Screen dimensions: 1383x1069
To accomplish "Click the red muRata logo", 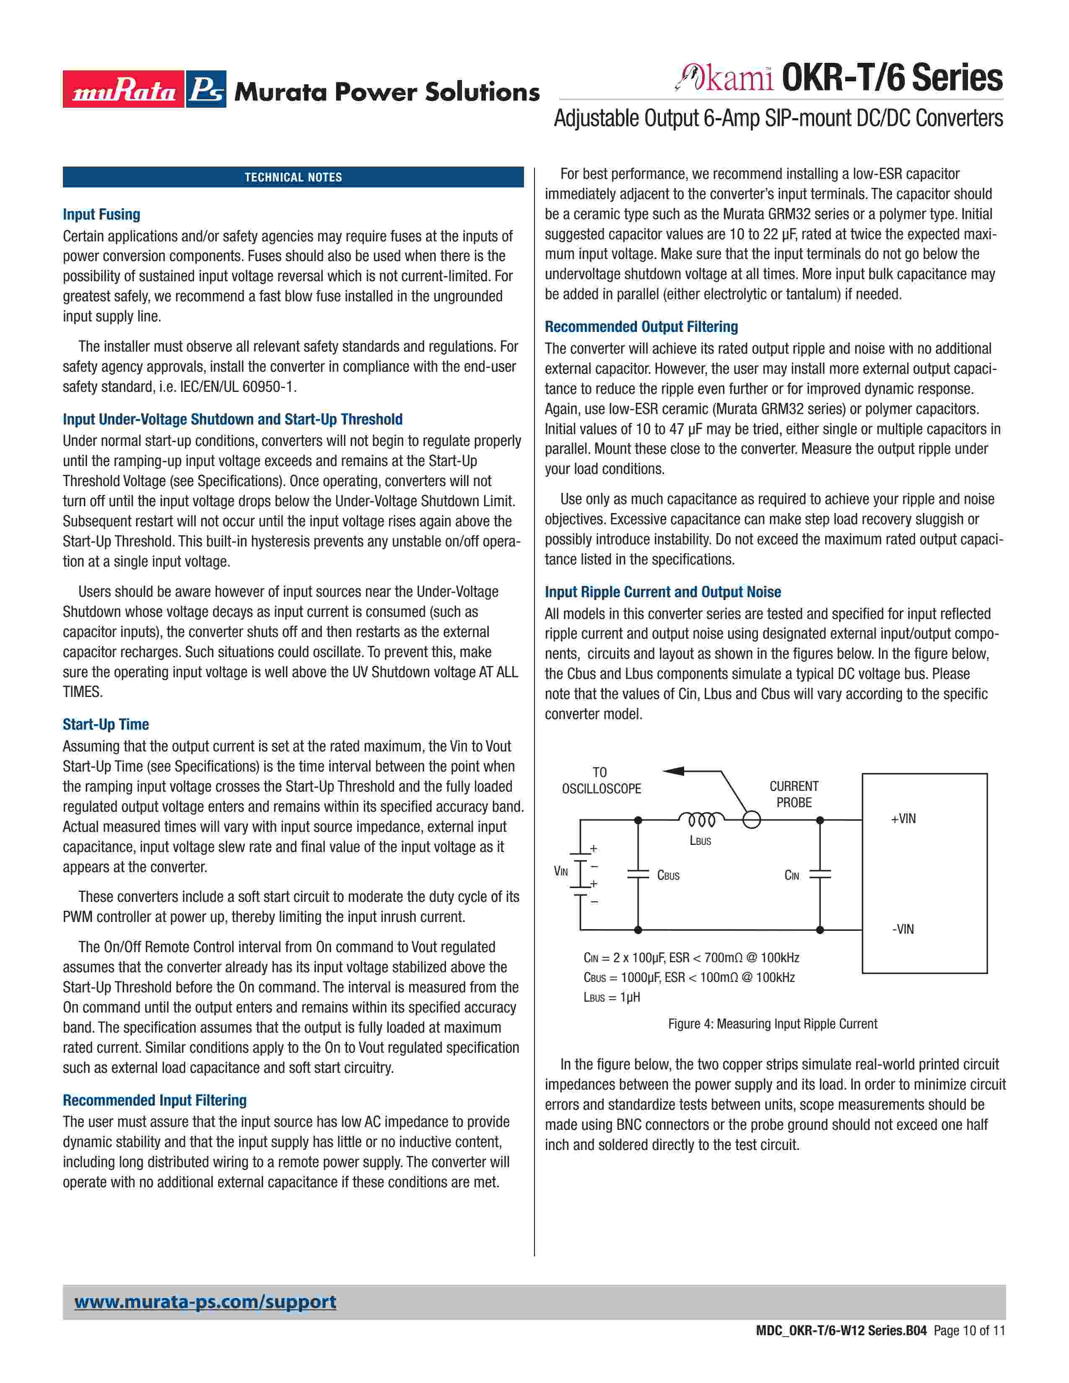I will pos(124,89).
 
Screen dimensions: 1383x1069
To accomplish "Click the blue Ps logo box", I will pos(206,89).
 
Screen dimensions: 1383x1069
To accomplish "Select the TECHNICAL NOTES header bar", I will pos(293,177).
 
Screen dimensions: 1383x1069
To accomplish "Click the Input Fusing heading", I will pos(101,215).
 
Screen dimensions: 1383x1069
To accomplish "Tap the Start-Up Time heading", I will pos(106,725).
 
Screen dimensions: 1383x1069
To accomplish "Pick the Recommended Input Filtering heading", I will pos(155,1100).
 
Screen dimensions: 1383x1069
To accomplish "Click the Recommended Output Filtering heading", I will pos(641,327).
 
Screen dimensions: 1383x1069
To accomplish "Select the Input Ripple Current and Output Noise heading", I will pos(662,592).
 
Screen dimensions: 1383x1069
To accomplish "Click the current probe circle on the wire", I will pos(752,820).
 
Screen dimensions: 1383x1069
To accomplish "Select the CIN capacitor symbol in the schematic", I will pos(820,875).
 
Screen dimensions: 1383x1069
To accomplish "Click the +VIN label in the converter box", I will pos(903,819).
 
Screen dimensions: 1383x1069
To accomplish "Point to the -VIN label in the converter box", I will pos(903,929).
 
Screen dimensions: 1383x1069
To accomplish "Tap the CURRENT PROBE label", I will pos(794,794).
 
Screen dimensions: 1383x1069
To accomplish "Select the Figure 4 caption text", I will pos(773,1024).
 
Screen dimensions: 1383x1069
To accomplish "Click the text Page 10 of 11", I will pos(969,1331).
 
